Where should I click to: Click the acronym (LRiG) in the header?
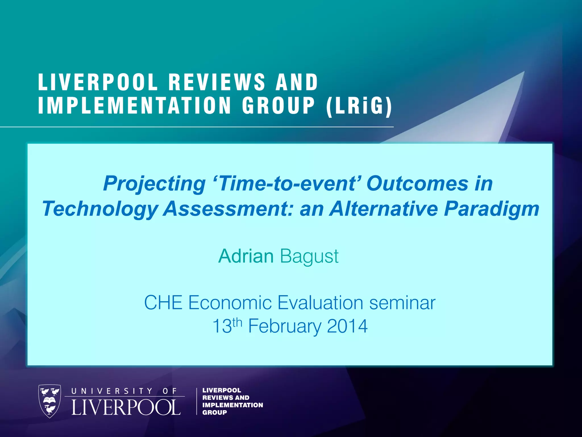coord(359,106)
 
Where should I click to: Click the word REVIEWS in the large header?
coord(217,82)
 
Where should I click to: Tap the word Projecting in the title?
coord(154,184)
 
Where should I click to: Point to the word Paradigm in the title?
coord(491,209)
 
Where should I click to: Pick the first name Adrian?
coord(246,256)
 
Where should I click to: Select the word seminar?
coord(402,302)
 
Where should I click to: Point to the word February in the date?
coord(284,327)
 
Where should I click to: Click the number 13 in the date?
coord(222,327)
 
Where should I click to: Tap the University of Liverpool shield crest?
coord(49,401)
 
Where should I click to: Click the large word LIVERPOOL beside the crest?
coord(126,407)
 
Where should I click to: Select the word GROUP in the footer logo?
coord(215,413)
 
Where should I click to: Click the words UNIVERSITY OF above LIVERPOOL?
coord(124,391)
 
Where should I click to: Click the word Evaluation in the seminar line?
coord(320,302)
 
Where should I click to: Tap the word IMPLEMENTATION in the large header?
coord(135,106)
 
